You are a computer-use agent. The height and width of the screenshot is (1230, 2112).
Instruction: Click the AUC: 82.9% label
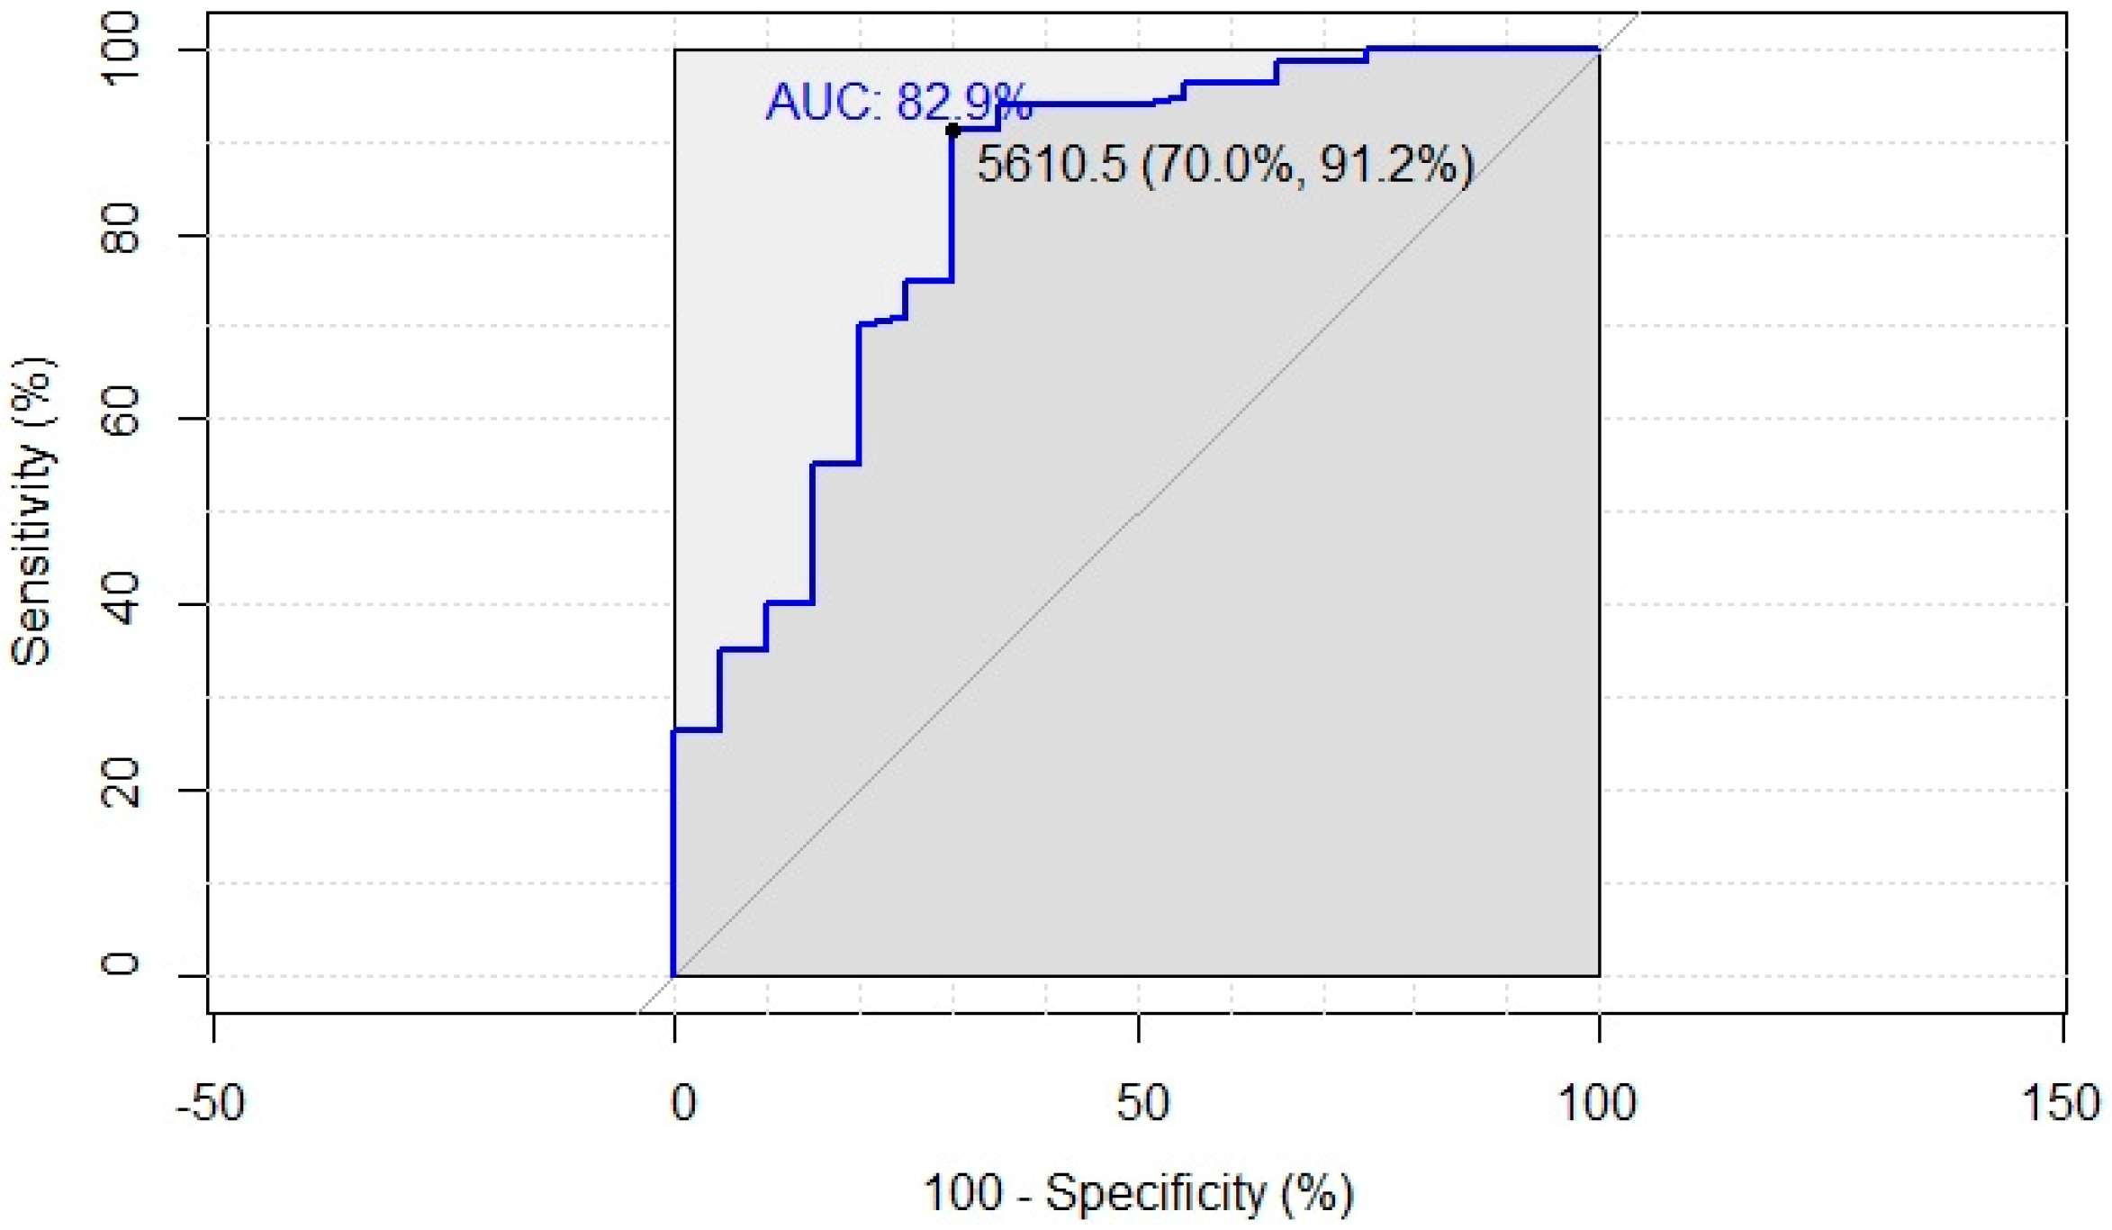tap(898, 102)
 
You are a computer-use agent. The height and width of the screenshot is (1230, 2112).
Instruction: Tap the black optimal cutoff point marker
tap(952, 131)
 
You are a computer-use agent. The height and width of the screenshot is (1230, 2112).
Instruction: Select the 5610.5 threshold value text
tap(1051, 165)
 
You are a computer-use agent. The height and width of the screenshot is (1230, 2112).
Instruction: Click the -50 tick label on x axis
tap(210, 1102)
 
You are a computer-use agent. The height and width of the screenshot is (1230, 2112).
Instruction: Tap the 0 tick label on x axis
tap(683, 1102)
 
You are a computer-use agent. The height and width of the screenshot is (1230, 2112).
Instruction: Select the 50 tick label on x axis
tap(1142, 1102)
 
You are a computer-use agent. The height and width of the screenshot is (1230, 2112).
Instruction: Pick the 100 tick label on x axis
tap(1597, 1102)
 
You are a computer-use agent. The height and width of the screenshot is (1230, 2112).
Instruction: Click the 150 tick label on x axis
tap(2062, 1102)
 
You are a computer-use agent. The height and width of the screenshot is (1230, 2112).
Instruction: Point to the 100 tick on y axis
tap(120, 50)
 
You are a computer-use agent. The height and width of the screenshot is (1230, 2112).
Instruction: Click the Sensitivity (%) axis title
tap(32, 511)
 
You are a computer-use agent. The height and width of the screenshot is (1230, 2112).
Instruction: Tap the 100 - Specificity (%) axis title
tap(1138, 1194)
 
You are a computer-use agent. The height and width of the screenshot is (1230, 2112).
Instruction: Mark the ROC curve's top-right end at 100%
tap(1598, 49)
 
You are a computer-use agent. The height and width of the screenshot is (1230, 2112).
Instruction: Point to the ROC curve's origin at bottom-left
tap(673, 974)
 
